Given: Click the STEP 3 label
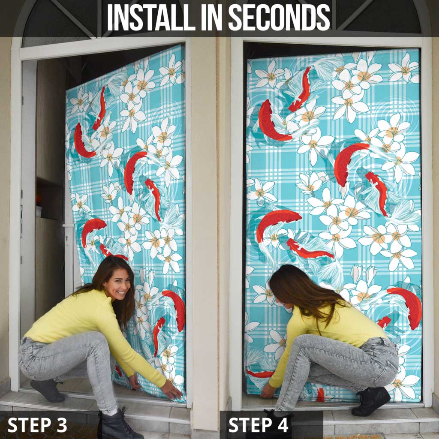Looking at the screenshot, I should tap(37, 425).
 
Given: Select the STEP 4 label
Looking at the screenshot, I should tap(259, 425).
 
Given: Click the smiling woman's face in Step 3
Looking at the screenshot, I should tap(117, 284).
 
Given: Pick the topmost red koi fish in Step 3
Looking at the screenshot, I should tap(99, 108).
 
